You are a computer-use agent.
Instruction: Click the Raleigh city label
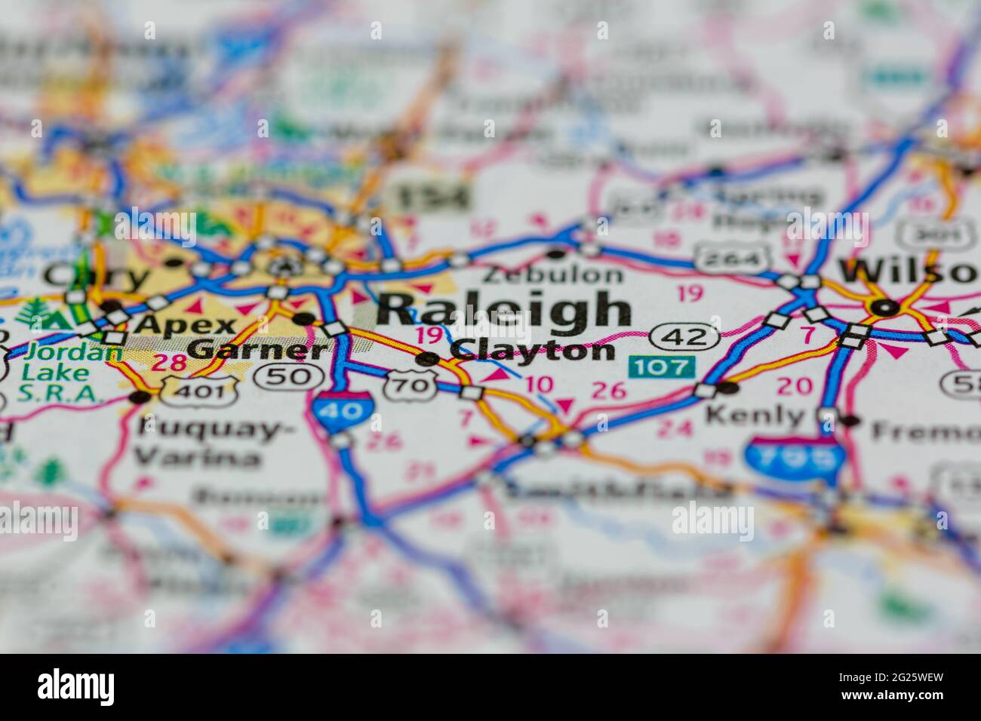pyautogui.click(x=504, y=309)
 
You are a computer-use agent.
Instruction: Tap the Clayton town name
pyautogui.click(x=532, y=351)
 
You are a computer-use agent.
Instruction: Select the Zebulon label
pyautogui.click(x=554, y=275)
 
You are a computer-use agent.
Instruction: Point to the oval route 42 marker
pyautogui.click(x=683, y=336)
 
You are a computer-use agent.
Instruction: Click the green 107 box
pyautogui.click(x=662, y=367)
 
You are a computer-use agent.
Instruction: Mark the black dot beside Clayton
pyautogui.click(x=428, y=359)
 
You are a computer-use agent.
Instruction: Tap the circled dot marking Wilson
pyautogui.click(x=884, y=307)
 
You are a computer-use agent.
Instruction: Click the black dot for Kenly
pyautogui.click(x=727, y=388)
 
